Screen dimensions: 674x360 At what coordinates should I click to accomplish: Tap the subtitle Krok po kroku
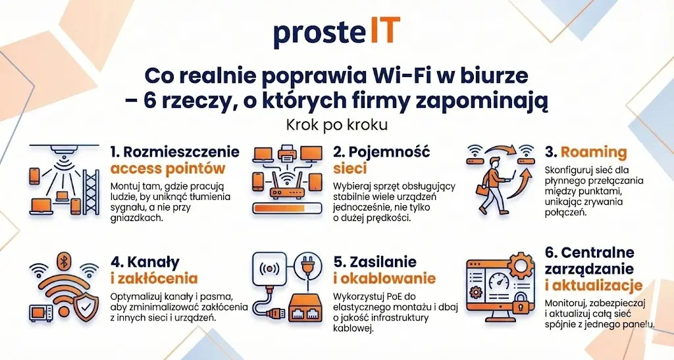337,124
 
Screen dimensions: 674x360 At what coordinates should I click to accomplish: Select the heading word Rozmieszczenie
181,151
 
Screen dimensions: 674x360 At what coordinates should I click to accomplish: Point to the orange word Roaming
594,152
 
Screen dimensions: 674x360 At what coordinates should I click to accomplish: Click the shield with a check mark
86,307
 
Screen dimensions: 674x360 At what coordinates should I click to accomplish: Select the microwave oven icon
41,313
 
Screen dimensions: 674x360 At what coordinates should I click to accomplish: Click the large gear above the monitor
521,266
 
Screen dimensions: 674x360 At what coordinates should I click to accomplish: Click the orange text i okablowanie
384,278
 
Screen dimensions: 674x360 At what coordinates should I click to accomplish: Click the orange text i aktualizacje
594,286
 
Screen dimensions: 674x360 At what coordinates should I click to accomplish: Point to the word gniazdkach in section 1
137,219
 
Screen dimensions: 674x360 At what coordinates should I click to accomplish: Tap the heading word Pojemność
389,152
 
